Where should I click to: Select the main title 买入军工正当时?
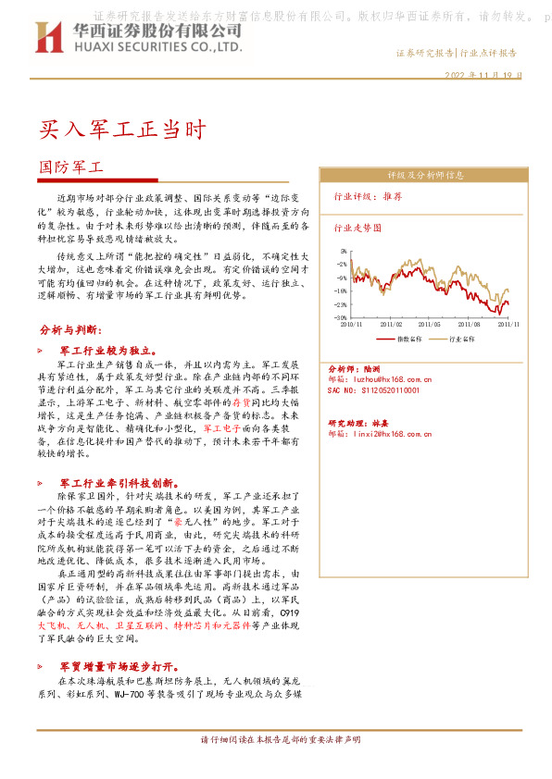pos(120,129)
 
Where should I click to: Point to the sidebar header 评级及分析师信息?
pos(425,174)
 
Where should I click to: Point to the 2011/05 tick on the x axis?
pos(430,325)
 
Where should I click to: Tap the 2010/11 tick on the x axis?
pos(352,325)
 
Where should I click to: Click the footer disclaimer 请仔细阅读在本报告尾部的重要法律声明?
pos(275,741)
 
